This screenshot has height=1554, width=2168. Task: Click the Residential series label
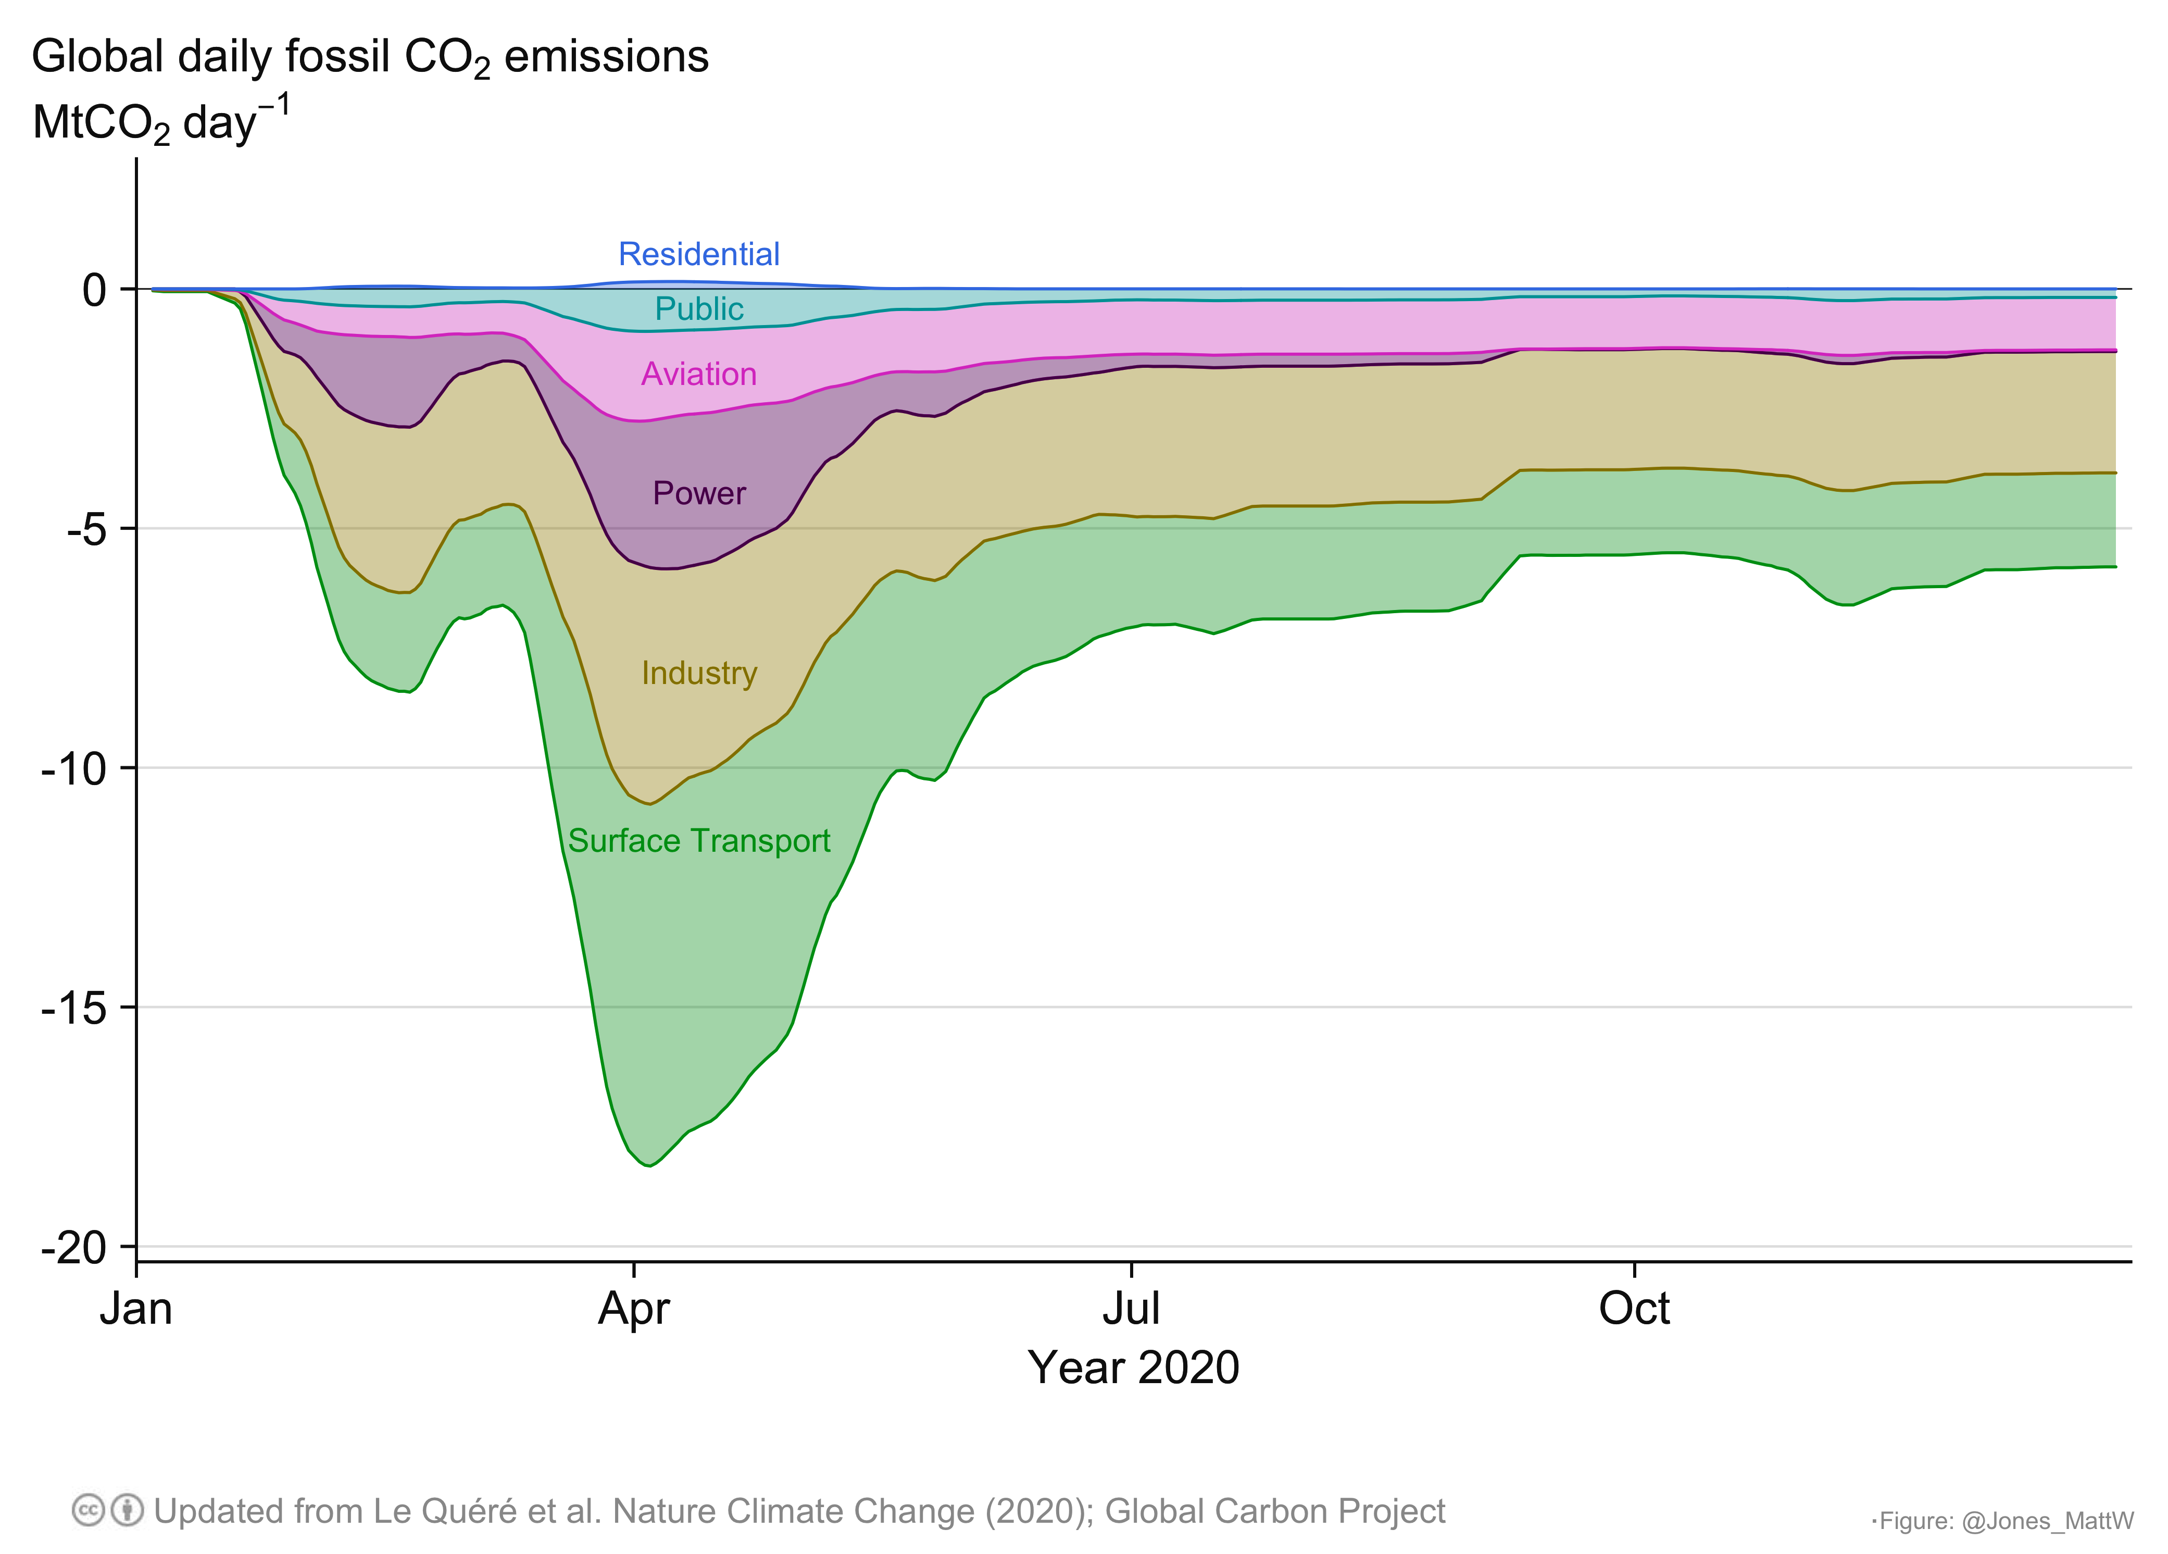click(699, 254)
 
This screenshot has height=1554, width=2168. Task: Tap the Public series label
click(699, 309)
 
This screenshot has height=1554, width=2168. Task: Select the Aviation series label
click(699, 374)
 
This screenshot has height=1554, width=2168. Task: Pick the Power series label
click(699, 493)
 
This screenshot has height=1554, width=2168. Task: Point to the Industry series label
click(699, 673)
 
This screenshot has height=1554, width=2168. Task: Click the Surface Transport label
click(699, 841)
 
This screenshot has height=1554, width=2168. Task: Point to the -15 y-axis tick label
click(74, 1008)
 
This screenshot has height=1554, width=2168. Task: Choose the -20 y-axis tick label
click(74, 1248)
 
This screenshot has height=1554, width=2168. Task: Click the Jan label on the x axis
click(136, 1308)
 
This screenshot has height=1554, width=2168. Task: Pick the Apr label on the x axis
click(634, 1308)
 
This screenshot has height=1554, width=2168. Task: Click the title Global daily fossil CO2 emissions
click(370, 57)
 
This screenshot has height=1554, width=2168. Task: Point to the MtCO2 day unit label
click(160, 121)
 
